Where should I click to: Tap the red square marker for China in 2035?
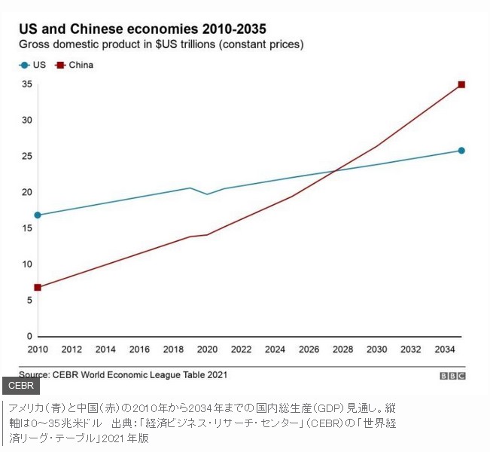(461, 84)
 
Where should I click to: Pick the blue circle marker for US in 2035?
(461, 151)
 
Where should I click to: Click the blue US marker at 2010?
(38, 215)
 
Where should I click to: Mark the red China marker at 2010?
(38, 287)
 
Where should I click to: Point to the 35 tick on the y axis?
(27, 84)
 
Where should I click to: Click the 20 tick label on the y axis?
(27, 192)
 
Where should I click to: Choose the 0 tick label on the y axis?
(29, 337)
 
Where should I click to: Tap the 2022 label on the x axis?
(241, 350)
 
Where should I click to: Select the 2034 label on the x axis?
(445, 350)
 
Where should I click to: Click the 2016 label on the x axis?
(139, 350)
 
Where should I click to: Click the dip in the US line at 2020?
(208, 194)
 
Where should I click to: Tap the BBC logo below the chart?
(452, 375)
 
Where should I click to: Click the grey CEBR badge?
(20, 386)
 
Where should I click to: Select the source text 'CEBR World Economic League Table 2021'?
(139, 374)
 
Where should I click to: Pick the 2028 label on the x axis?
(343, 350)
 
